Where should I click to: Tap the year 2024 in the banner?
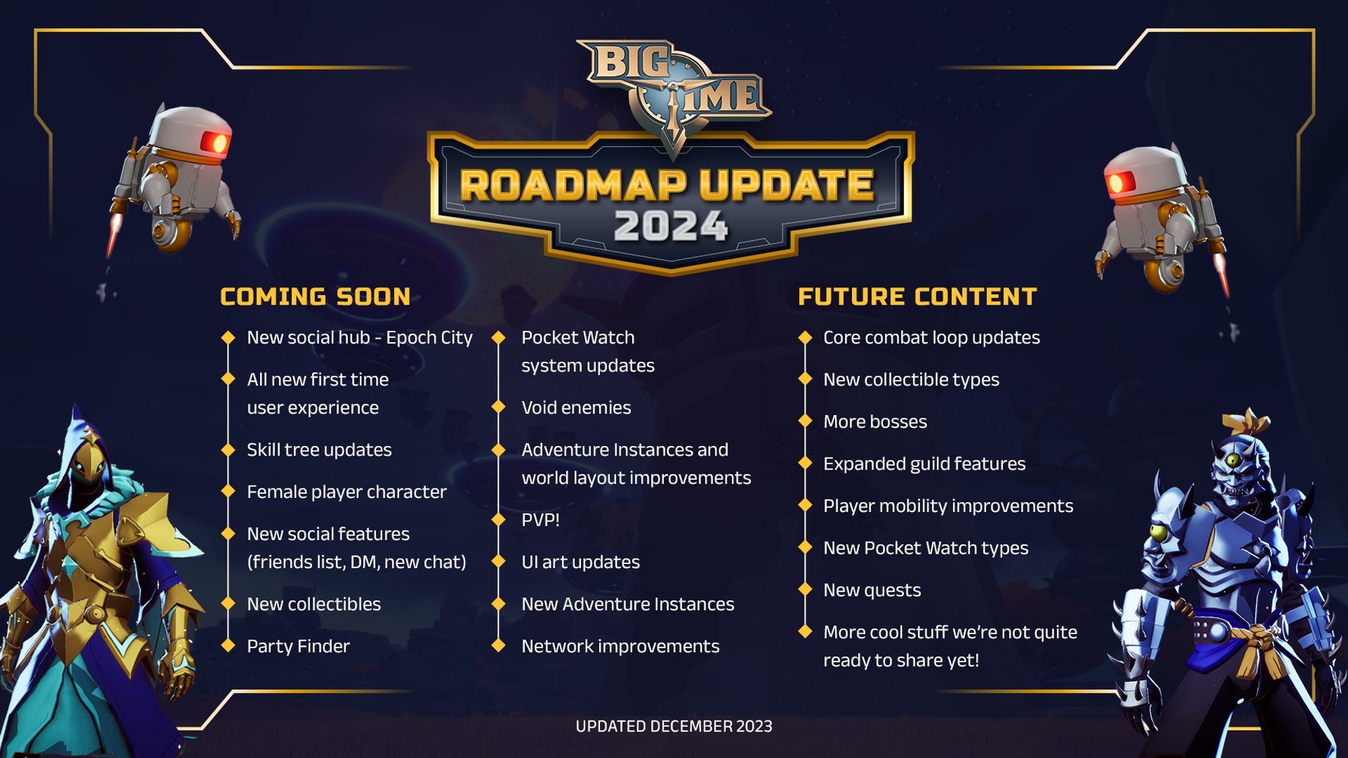point(671,226)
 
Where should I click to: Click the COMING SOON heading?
point(315,296)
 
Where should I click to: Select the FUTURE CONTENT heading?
point(917,296)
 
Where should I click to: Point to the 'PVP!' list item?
point(541,520)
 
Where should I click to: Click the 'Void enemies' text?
point(576,408)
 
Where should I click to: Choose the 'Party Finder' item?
point(298,646)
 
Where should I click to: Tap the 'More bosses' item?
point(875,422)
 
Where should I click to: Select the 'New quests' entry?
point(872,590)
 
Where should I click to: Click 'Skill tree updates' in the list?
point(319,450)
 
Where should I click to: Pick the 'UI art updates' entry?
point(580,562)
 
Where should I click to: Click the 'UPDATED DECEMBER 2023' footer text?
point(674,726)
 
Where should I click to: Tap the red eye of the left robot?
point(216,143)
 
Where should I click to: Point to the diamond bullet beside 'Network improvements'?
point(499,645)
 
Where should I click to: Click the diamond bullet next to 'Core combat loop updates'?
point(805,337)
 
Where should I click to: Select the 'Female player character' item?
point(346,492)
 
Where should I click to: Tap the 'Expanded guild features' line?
point(924,464)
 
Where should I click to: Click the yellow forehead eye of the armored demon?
point(1234,461)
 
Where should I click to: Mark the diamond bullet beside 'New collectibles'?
point(228,604)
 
